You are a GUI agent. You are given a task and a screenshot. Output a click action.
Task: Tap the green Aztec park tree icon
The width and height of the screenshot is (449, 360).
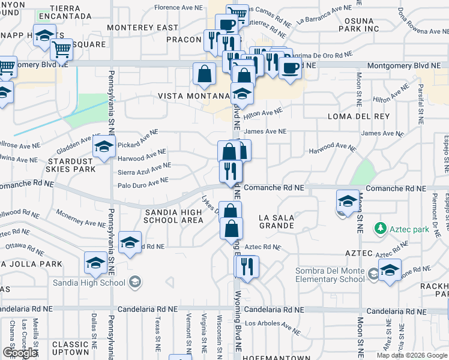pos(379,229)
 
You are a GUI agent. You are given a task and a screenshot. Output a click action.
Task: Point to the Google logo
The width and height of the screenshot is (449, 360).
pos(19,353)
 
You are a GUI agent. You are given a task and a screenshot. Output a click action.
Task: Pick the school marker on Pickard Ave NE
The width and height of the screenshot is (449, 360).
pos(104,146)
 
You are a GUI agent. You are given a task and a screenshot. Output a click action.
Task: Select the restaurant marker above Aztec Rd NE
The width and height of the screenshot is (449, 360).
pos(247,266)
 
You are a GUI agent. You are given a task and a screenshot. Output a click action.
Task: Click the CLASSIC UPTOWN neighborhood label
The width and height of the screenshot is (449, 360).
pos(70,348)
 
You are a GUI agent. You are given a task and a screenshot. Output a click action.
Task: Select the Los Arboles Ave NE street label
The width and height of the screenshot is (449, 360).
pos(273,327)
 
